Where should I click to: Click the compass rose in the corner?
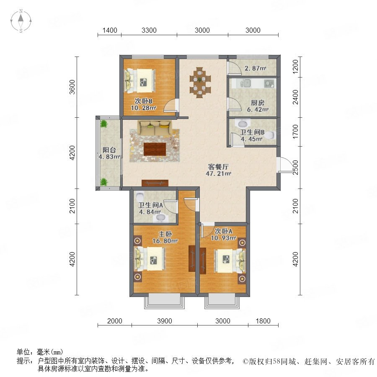tap(21, 21)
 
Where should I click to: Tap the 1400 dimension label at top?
tap(110, 30)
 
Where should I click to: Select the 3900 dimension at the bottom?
tap(165, 321)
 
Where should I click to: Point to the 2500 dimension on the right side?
tap(295, 167)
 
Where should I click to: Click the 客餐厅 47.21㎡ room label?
tap(218, 170)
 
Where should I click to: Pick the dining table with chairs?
tap(200, 83)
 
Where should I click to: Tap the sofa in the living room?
tap(155, 128)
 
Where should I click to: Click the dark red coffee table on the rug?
tap(155, 149)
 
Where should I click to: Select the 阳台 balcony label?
tap(109, 150)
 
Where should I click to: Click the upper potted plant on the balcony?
tap(104, 124)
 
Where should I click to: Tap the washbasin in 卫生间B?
tap(242, 124)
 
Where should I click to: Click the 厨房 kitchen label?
tap(258, 103)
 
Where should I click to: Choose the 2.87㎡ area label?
tap(256, 68)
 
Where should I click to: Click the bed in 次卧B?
tap(139, 80)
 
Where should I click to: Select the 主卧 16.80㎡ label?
tap(165, 238)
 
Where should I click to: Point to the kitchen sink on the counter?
tap(245, 83)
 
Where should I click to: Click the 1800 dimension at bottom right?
tap(263, 321)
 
